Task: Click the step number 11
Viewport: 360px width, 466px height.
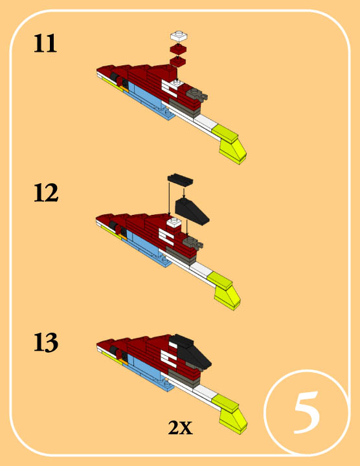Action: tap(45, 44)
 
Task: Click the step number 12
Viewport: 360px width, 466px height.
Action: tap(46, 193)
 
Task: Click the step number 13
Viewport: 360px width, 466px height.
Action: tap(46, 342)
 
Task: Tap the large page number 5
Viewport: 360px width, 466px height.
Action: tap(307, 412)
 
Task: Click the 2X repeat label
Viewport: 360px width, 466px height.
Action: tap(181, 428)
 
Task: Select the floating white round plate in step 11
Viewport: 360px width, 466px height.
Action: tap(179, 36)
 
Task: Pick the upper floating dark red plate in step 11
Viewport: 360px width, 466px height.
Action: tap(178, 49)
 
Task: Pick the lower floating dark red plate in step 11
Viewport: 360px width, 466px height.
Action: tap(178, 61)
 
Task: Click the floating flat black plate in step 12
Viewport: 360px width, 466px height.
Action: tap(180, 180)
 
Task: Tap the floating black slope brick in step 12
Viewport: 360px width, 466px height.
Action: tap(192, 211)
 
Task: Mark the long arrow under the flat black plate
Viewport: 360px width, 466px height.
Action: tap(169, 199)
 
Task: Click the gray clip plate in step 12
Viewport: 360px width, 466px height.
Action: tap(193, 242)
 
